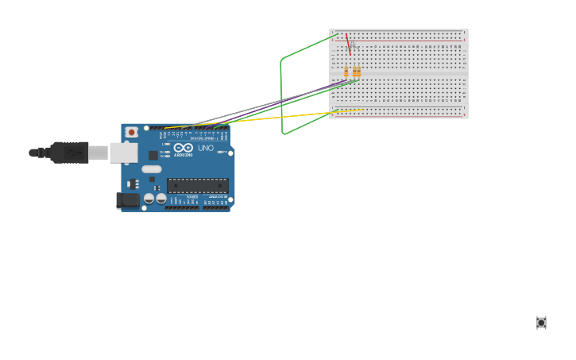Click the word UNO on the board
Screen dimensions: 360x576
(x=205, y=148)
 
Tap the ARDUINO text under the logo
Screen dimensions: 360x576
(x=184, y=155)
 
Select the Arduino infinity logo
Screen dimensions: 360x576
(x=184, y=148)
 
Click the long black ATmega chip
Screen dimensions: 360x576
(x=197, y=186)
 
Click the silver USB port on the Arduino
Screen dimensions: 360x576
(x=123, y=153)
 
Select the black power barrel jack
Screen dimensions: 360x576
(x=127, y=201)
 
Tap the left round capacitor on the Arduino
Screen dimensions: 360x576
(x=149, y=198)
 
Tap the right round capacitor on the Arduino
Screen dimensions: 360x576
(x=160, y=198)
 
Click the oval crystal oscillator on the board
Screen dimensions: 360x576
(x=152, y=168)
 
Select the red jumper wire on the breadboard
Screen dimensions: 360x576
(x=348, y=44)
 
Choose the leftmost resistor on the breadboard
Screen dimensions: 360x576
(x=346, y=72)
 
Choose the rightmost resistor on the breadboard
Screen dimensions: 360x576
(x=358, y=72)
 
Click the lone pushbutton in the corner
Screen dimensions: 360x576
(x=541, y=322)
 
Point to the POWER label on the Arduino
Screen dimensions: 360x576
(x=192, y=196)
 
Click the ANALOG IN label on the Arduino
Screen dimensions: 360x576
(x=216, y=196)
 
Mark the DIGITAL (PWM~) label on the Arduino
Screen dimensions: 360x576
(x=203, y=138)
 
